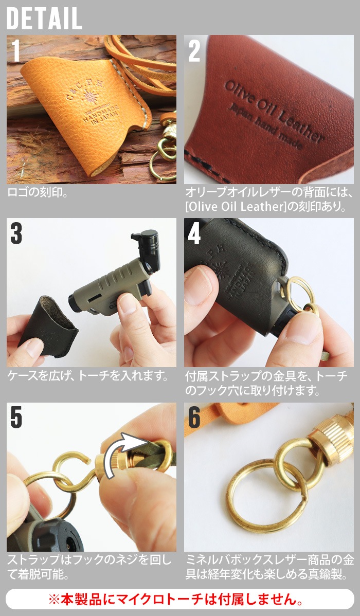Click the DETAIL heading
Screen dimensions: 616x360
pos(44,19)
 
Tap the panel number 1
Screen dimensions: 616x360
pos(16,51)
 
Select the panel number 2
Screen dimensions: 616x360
pos(194,51)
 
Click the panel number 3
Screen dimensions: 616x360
pos(16,234)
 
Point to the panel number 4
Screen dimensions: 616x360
pos(194,234)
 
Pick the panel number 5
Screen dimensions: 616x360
pos(16,418)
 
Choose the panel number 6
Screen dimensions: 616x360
pos(194,418)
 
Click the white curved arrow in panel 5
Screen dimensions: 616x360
pos(123,452)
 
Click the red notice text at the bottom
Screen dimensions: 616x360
pos(180,599)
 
